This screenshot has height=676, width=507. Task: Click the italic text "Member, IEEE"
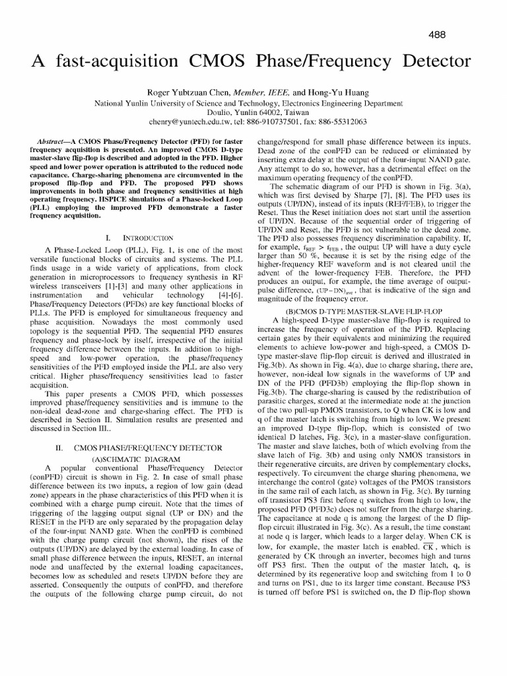click(x=261, y=93)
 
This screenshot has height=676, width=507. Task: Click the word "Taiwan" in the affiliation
click(x=287, y=113)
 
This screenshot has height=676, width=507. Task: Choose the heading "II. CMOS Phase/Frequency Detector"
click(x=138, y=448)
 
